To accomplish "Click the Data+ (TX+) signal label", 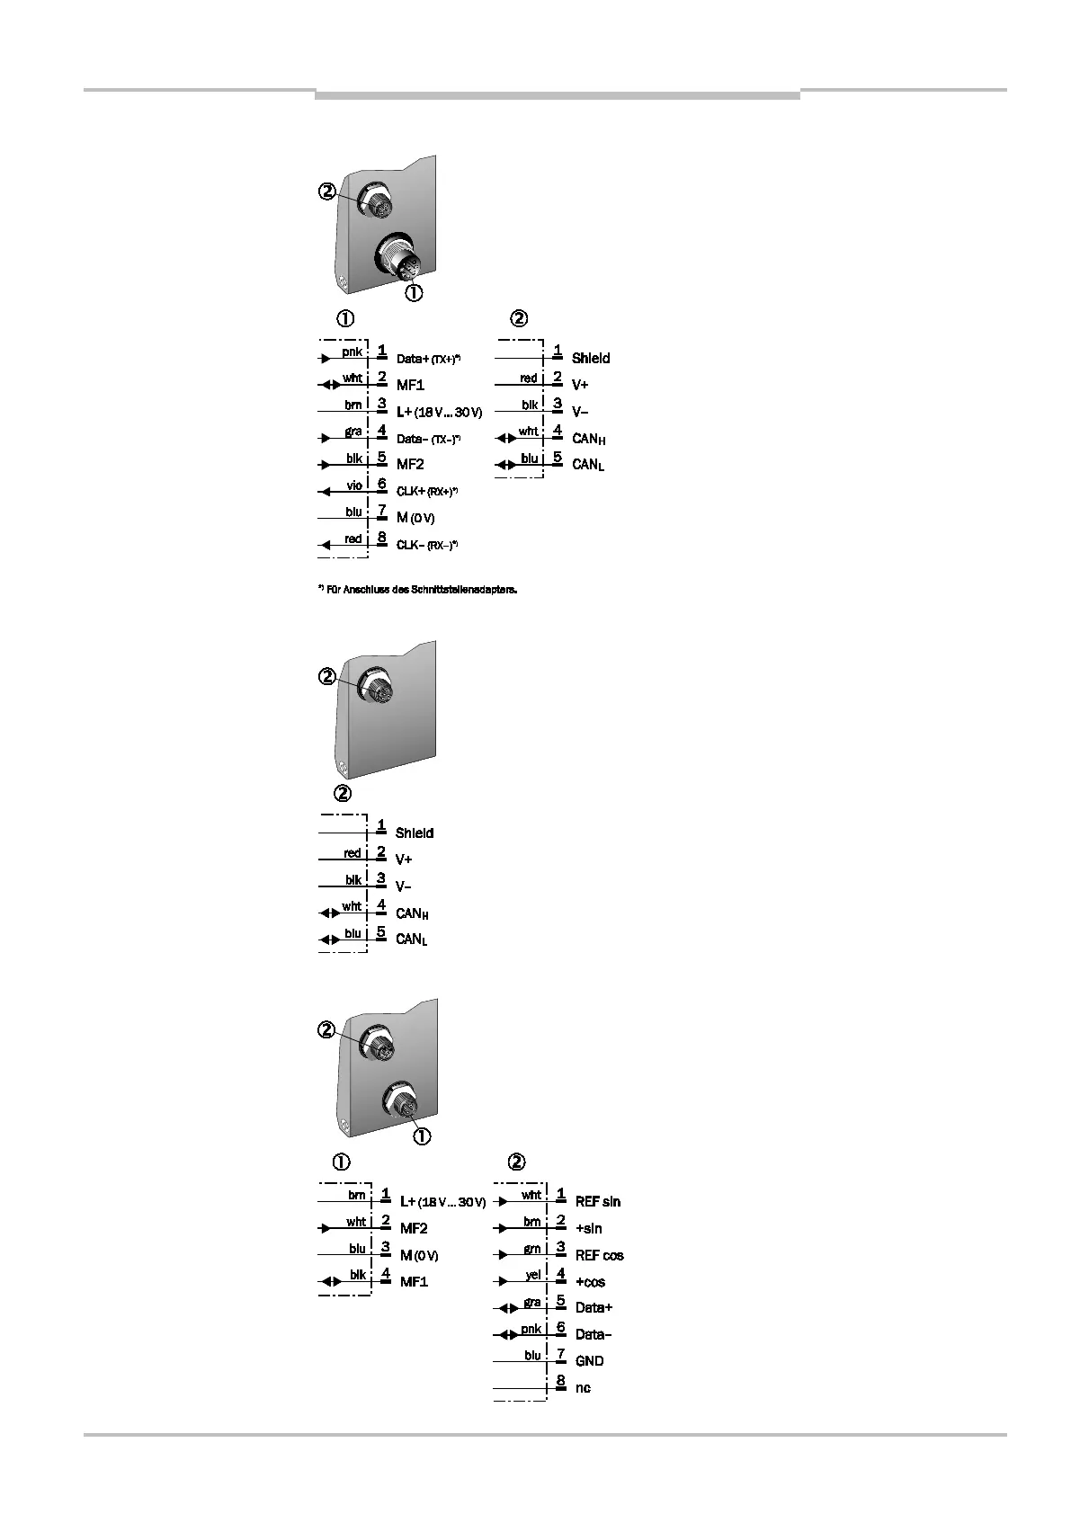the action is [428, 359].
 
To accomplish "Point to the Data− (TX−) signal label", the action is [428, 439].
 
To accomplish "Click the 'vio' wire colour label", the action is [354, 485].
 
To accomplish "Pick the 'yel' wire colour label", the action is [533, 1275].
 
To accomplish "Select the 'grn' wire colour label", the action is [533, 1249].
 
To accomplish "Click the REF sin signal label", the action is [598, 1202].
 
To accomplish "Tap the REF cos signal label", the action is [599, 1255].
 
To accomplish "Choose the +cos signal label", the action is [590, 1282].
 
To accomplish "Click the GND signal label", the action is [589, 1361].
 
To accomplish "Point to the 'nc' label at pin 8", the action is [583, 1388].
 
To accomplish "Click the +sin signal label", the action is [588, 1229].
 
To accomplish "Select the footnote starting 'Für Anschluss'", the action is [418, 591].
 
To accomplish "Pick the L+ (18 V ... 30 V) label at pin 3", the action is [439, 413].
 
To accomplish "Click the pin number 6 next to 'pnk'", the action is [560, 1327].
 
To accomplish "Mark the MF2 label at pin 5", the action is [410, 464].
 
